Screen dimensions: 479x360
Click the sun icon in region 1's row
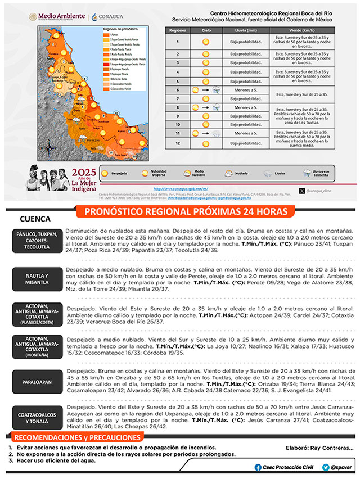[x=206, y=42]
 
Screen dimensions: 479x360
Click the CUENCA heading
[x=35, y=219]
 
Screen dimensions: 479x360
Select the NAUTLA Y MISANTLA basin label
[x=35, y=279]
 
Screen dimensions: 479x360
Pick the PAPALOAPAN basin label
[x=35, y=382]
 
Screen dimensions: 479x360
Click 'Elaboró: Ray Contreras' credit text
[x=319, y=448]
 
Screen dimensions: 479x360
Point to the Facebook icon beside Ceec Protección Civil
[x=258, y=467]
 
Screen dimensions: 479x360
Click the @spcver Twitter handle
[x=341, y=467]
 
